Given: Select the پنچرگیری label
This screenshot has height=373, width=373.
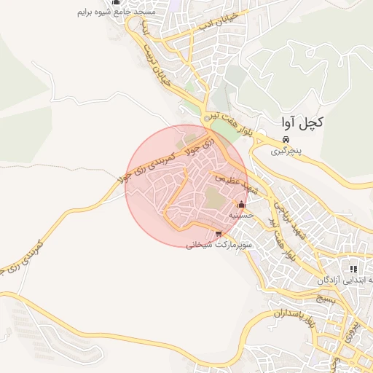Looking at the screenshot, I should [286, 152].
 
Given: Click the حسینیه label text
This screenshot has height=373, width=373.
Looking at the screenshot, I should [240, 216].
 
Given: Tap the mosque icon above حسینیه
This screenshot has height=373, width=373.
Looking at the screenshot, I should [241, 205].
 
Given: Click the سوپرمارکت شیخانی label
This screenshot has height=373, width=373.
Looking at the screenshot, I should [219, 246].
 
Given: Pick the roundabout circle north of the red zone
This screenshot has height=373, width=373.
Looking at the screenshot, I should [208, 116].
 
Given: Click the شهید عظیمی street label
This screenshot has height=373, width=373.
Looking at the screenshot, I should [236, 182].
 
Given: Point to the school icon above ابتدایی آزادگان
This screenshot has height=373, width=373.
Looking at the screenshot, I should [354, 269].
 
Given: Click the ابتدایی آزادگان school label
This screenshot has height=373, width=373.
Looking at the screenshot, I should [346, 280].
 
